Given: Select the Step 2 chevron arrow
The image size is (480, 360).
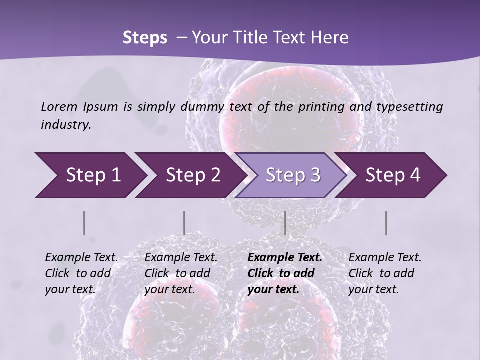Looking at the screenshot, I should tap(193, 175).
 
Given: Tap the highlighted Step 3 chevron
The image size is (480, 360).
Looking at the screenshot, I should tap(293, 175).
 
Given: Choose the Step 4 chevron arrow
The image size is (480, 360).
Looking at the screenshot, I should tap(393, 175).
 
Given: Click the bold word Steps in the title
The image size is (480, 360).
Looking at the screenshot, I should tap(145, 37).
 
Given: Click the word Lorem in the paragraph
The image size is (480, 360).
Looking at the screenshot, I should tap(59, 106).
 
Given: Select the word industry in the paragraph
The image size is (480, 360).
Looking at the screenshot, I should tap(65, 125).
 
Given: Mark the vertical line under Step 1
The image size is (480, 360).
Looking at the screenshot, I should tap(84, 223).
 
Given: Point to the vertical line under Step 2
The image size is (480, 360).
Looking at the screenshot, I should tap(184, 223).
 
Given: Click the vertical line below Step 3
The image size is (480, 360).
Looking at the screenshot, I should tap(285, 223).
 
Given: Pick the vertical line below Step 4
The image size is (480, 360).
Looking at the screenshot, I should tap(386, 223).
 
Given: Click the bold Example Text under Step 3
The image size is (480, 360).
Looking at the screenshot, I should tap(285, 258).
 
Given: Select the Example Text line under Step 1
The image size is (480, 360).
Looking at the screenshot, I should tap(81, 258).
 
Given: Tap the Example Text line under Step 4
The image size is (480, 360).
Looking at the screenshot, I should tap(385, 258).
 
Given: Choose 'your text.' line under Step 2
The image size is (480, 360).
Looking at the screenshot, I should tap(170, 289).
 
